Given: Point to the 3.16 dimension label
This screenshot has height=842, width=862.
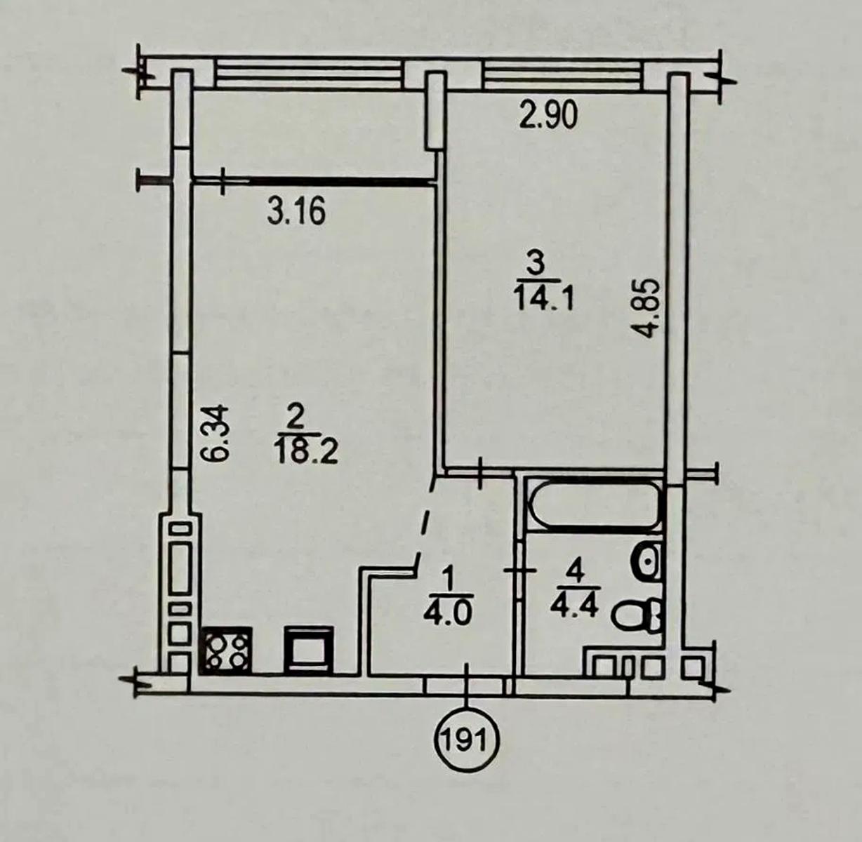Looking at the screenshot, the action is pyautogui.click(x=296, y=212).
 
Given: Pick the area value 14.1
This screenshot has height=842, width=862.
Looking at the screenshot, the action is pyautogui.click(x=544, y=299).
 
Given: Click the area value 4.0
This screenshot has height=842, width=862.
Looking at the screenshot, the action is pyautogui.click(x=449, y=615).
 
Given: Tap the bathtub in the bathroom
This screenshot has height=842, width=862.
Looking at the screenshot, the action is pyautogui.click(x=592, y=504).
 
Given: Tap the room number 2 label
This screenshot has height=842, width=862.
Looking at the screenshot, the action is pyautogui.click(x=297, y=418).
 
